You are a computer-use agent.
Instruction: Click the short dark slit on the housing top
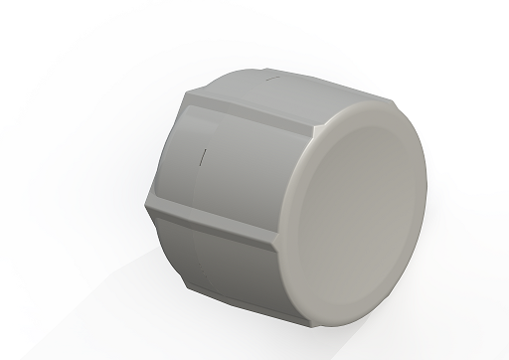(271, 74)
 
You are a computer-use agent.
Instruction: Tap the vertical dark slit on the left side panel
(203, 156)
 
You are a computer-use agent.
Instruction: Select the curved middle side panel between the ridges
(229, 169)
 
